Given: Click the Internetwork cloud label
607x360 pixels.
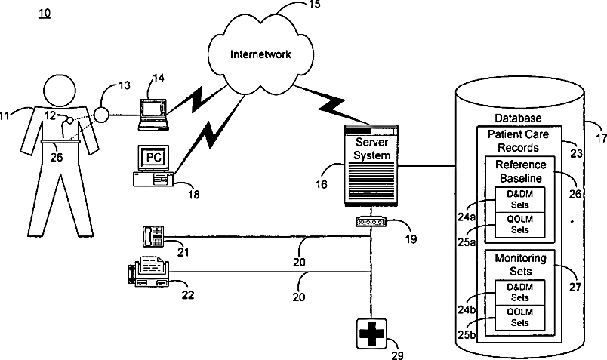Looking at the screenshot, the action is tap(260, 54).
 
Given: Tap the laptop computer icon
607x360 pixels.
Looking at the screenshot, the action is tap(154, 114).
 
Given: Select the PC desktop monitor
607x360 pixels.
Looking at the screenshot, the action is tap(154, 158).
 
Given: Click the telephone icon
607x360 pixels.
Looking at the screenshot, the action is tap(153, 236).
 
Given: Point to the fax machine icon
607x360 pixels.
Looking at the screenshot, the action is tap(148, 272).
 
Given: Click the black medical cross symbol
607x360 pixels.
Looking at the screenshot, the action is tap(371, 334).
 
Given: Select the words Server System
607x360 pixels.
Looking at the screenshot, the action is tap(371, 149).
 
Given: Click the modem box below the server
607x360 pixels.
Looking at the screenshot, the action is tap(371, 222).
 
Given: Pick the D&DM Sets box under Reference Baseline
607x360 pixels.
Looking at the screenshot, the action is tap(519, 200).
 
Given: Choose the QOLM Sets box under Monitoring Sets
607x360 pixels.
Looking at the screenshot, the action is tap(519, 318).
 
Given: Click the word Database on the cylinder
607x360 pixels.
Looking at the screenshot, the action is tap(518, 118).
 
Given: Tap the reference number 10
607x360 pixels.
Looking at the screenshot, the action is tap(45, 14).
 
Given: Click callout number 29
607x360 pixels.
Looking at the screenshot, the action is tap(397, 355).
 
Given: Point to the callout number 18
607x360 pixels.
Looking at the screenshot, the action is tap(193, 194).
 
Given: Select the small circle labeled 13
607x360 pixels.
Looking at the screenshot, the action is tap(102, 115).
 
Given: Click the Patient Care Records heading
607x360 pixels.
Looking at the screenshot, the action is tap(518, 141).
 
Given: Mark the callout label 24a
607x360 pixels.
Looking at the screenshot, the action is tap(467, 217).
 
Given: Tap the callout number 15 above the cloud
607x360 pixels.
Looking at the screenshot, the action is tap(314, 5).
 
